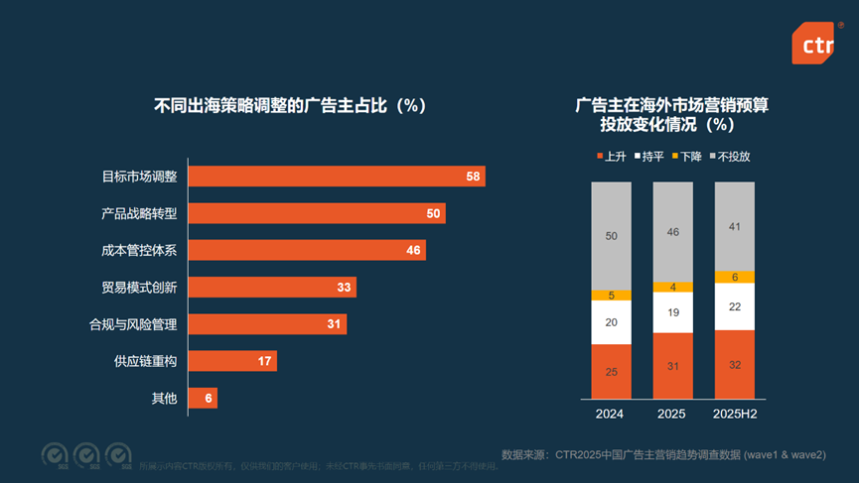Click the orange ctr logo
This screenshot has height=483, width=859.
point(812,43)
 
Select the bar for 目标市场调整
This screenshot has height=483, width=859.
point(336,177)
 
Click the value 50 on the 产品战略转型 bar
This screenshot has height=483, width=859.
point(433,213)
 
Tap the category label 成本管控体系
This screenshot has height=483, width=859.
point(139,250)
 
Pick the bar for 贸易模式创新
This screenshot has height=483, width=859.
point(271,287)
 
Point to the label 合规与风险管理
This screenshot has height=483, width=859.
point(132,323)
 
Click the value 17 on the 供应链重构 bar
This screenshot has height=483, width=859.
point(265,360)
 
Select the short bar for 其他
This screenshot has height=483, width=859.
point(203,397)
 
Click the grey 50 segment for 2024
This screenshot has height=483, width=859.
point(610,236)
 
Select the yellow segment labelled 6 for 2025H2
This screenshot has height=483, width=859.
point(734,277)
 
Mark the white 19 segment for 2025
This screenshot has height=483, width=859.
point(672,311)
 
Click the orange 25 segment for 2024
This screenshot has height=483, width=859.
point(610,371)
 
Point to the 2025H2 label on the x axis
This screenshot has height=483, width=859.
point(734,414)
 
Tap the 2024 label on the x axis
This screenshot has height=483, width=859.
point(610,414)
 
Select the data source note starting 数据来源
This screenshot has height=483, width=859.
point(663,454)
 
